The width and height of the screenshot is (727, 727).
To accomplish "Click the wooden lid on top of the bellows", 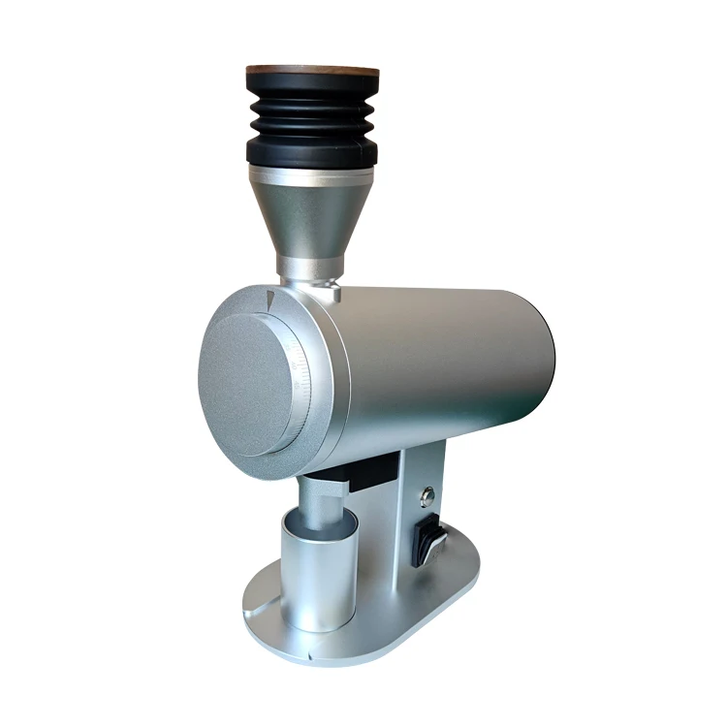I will [312, 71].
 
